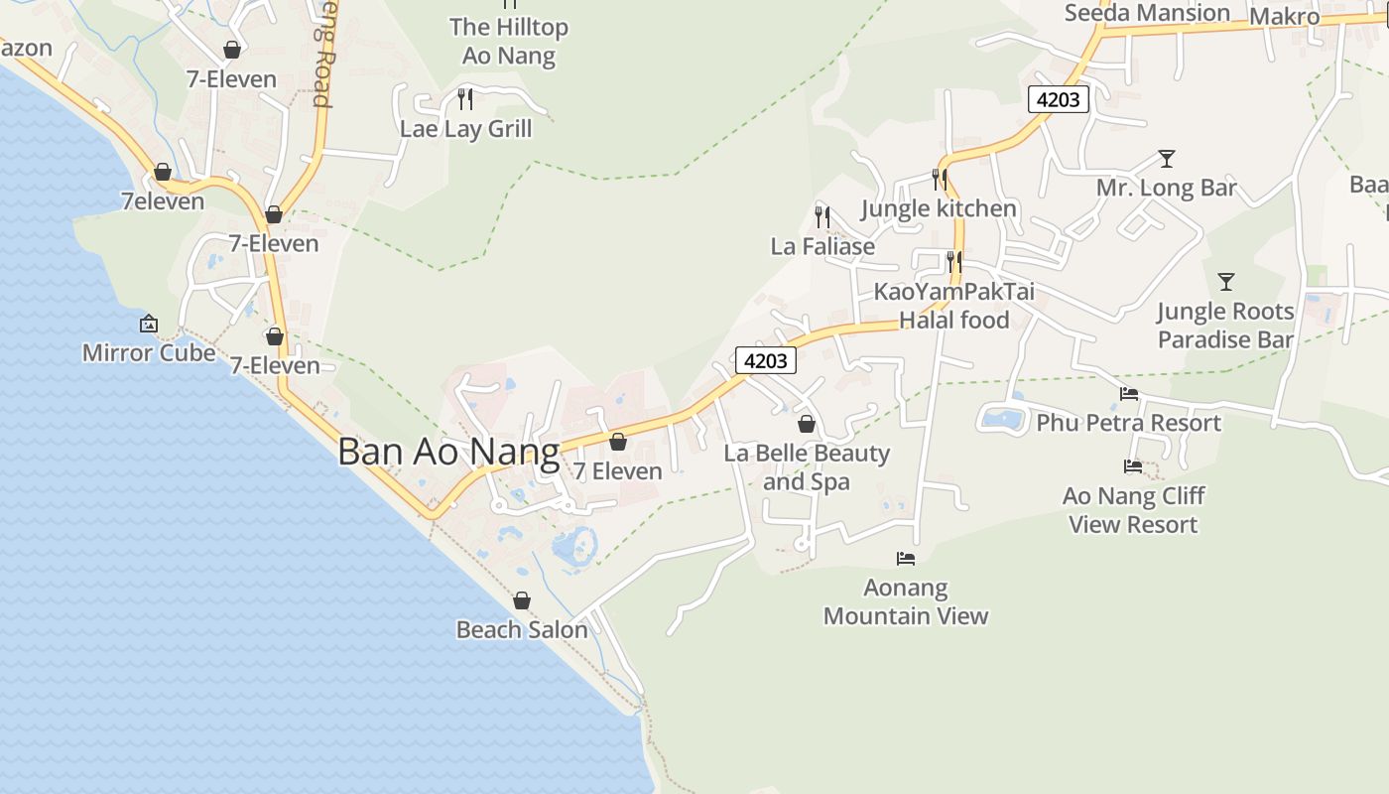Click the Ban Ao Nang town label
coord(448,452)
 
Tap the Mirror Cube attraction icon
coord(149,324)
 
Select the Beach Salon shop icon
coord(522,601)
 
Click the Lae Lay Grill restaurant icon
coord(464,99)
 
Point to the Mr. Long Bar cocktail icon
coord(1167,159)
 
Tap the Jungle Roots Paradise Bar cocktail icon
coord(1226,282)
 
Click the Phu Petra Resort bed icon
coord(1129,394)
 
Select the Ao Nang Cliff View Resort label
coord(1133,510)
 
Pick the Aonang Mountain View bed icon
coord(906,559)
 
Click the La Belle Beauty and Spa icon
coord(807,425)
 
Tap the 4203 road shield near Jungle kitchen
coord(1059,99)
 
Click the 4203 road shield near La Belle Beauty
coord(766,361)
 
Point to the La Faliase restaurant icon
coord(822,216)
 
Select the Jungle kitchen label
coord(939,208)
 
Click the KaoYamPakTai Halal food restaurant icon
coord(953,262)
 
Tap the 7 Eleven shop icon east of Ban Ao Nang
coord(618,443)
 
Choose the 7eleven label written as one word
coord(163,201)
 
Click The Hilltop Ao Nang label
coord(509,41)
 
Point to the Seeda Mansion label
coord(1147,13)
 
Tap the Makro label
coord(1284,17)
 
